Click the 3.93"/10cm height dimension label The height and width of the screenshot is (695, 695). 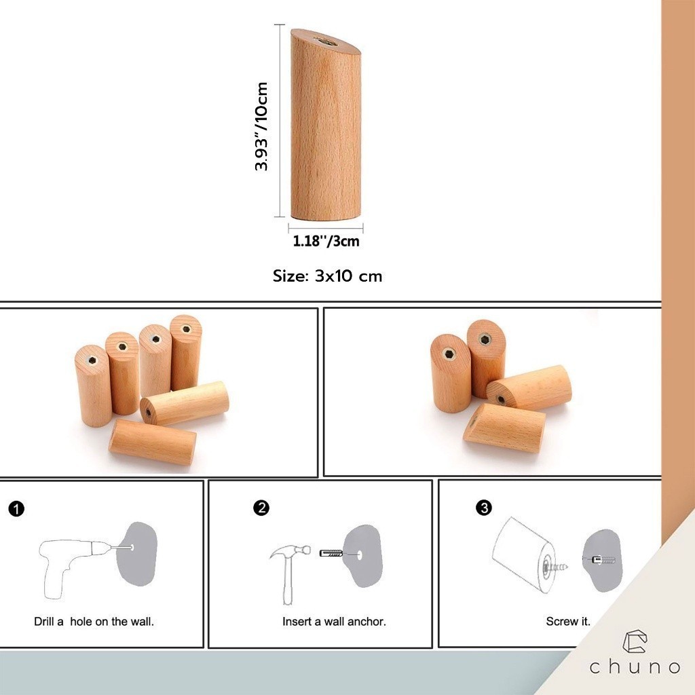tap(261, 126)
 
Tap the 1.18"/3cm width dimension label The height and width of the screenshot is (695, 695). tap(326, 241)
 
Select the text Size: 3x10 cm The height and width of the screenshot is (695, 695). tap(327, 276)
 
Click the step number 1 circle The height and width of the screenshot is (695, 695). tap(16, 508)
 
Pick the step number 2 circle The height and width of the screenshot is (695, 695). tap(261, 508)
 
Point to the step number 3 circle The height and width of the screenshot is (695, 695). tap(483, 508)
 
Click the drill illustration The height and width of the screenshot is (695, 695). tap(84, 567)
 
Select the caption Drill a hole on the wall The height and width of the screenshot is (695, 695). tap(94, 622)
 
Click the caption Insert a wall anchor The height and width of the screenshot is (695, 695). tap(334, 622)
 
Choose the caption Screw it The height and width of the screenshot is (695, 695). tap(568, 622)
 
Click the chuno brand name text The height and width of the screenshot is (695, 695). tap(635, 667)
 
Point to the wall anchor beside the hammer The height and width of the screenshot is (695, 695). tap(331, 553)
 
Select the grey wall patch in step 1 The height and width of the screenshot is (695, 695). tap(136, 554)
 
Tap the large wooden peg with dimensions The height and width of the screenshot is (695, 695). tap(326, 124)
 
